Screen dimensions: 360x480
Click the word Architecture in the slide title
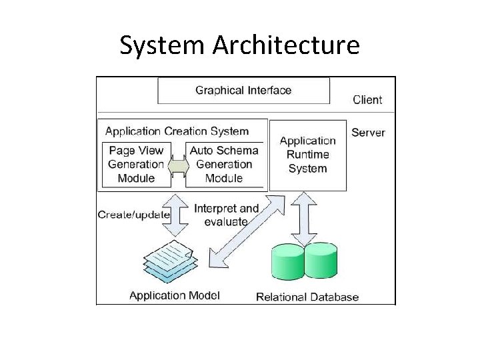coord(286,45)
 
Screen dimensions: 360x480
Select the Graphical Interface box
coord(243,91)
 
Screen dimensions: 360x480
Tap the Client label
coord(367,100)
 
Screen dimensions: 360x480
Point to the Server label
coord(368,132)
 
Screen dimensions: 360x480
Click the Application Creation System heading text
coord(177,131)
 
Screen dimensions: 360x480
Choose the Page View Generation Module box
coord(136,164)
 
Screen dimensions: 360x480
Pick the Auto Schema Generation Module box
coord(224,164)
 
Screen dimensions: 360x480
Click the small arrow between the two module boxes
coord(178,165)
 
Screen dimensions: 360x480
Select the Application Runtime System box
coord(307,155)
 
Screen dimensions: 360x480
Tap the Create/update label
coord(133,215)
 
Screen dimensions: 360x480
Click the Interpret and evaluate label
coord(226,215)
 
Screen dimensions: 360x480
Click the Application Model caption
coord(174,295)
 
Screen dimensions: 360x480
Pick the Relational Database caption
coord(307,297)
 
